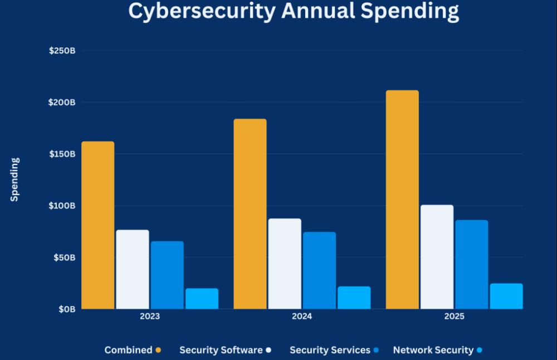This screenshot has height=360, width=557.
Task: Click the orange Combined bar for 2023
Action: [97, 225]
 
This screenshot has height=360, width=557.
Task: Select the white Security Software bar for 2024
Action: [285, 264]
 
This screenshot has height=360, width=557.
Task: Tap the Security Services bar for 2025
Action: [471, 264]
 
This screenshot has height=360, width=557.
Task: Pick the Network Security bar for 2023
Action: [202, 299]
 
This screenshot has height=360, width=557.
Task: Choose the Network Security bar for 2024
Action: [354, 298]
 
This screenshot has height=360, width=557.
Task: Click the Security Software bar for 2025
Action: [437, 257]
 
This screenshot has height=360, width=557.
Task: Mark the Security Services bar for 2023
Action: [167, 275]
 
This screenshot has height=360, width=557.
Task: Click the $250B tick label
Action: [62, 51]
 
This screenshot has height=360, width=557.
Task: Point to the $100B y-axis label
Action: [62, 206]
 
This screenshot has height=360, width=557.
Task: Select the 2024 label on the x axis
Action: [302, 317]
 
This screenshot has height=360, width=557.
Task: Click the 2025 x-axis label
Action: [454, 317]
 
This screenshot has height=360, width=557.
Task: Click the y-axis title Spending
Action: [14, 179]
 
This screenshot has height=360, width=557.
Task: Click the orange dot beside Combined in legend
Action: [158, 351]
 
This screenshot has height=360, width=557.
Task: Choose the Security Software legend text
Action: [221, 351]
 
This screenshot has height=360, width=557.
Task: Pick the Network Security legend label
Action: [433, 351]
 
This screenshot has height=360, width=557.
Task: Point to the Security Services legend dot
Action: [377, 351]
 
